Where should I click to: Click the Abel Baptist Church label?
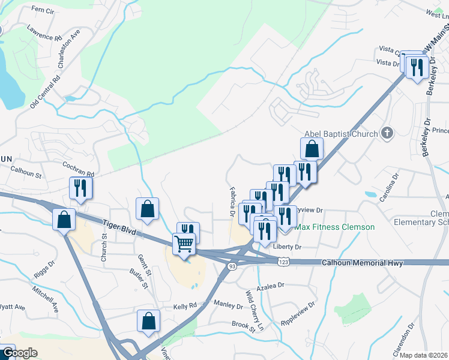click(x=340, y=134)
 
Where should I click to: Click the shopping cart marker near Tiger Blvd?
click(x=184, y=243)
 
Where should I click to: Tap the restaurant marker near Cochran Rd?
click(x=79, y=188)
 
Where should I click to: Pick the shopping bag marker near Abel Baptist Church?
click(x=312, y=148)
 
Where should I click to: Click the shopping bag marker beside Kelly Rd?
click(x=148, y=321)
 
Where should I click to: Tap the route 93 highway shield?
click(x=232, y=265)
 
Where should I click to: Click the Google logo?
click(x=19, y=353)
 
